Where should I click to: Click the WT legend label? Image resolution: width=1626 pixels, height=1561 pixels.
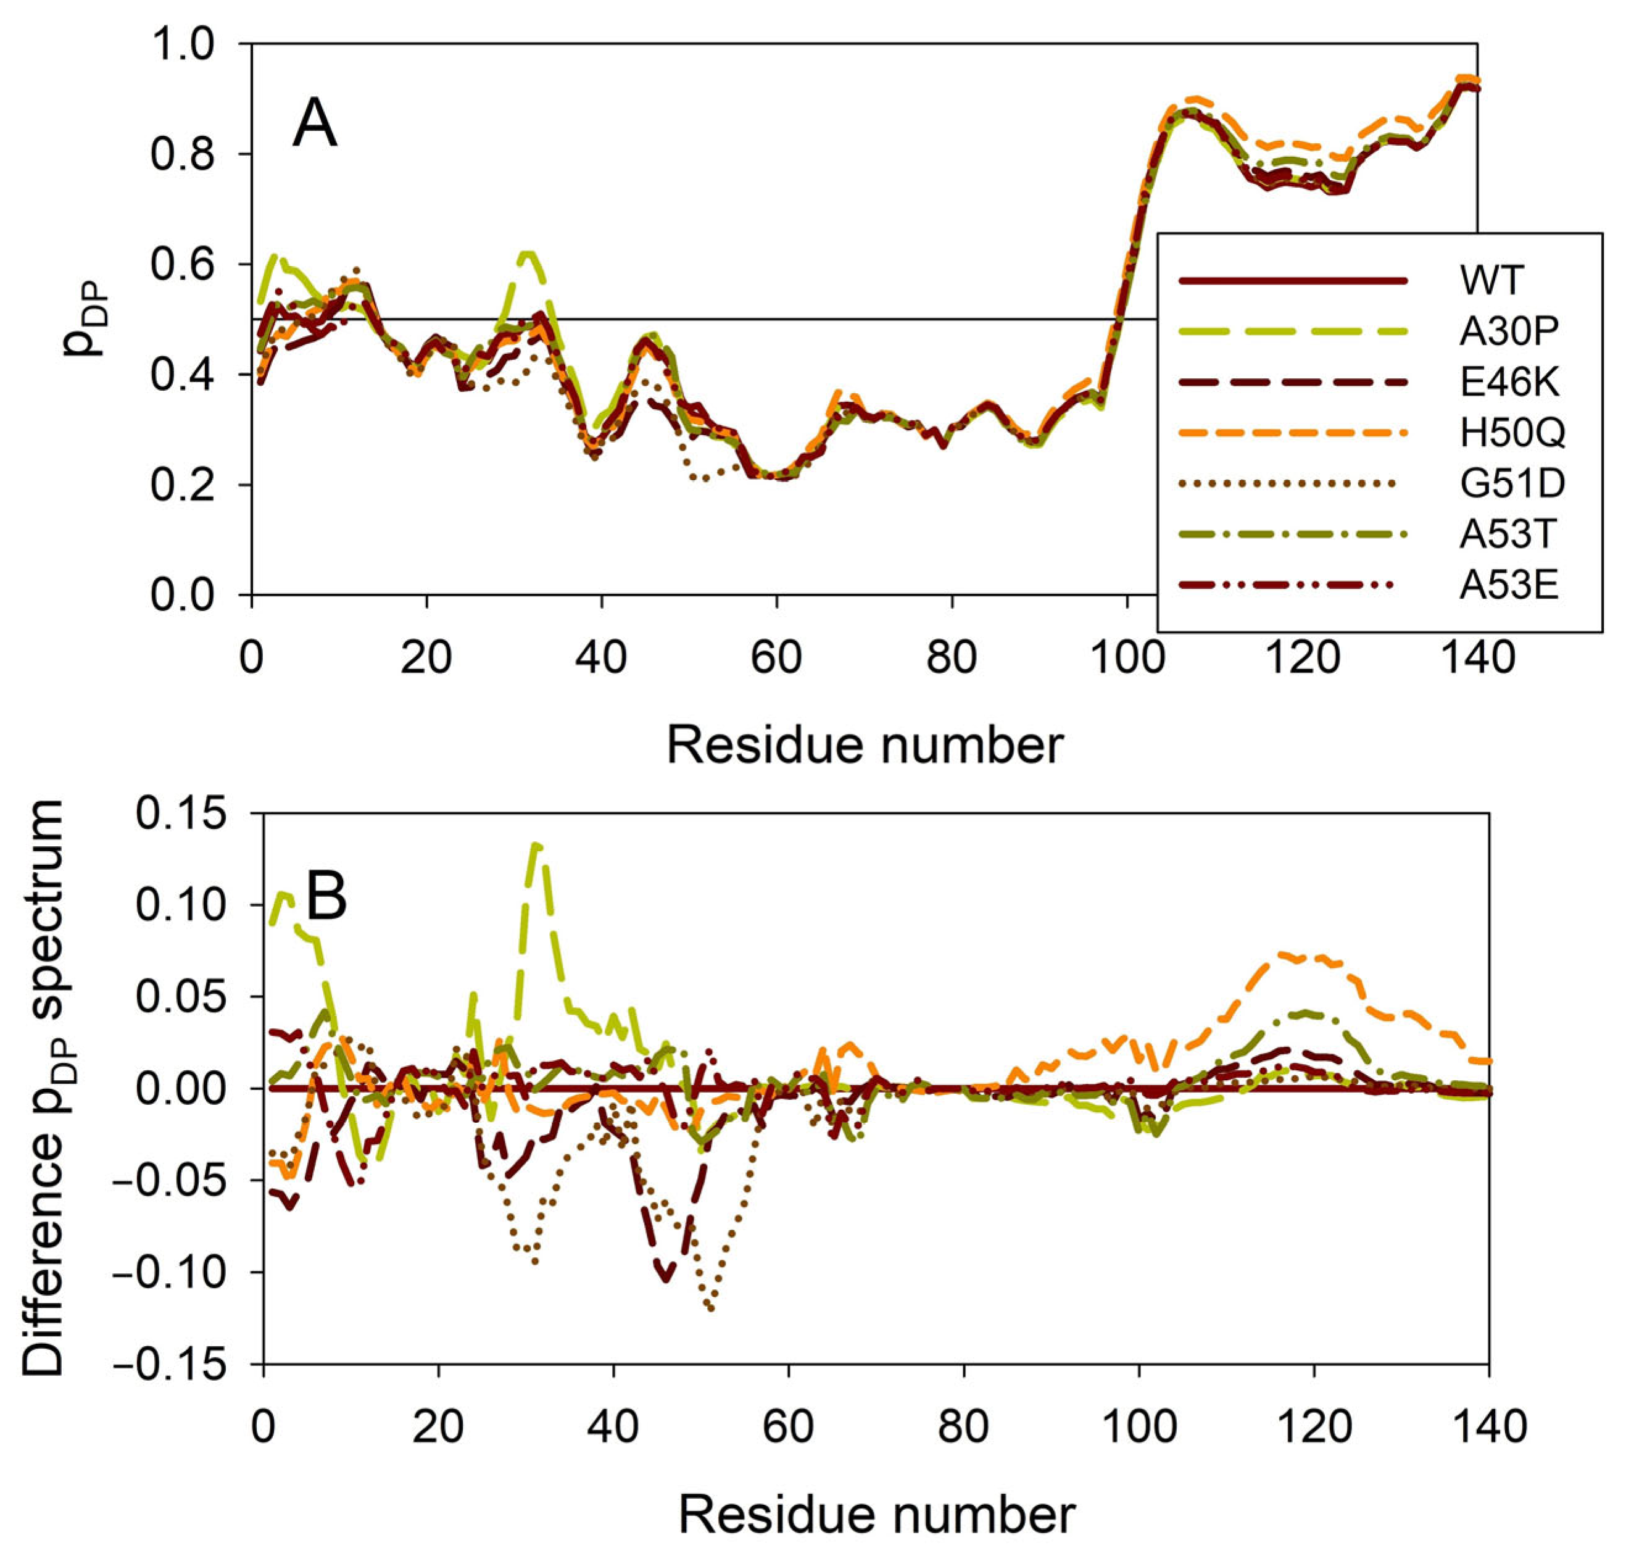[1491, 280]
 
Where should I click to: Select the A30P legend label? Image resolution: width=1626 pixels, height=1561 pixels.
[1508, 331]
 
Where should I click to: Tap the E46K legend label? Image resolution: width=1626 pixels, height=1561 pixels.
[1508, 381]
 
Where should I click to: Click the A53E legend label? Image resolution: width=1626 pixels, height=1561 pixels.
[1508, 586]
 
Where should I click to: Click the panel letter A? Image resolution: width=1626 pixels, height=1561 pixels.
[315, 127]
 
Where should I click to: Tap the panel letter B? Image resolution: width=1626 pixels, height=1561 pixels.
[326, 898]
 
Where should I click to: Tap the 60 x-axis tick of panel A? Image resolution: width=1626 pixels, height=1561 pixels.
[776, 658]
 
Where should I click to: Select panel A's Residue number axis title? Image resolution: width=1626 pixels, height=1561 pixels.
[864, 745]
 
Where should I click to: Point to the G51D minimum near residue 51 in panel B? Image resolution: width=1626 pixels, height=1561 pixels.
[711, 1309]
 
